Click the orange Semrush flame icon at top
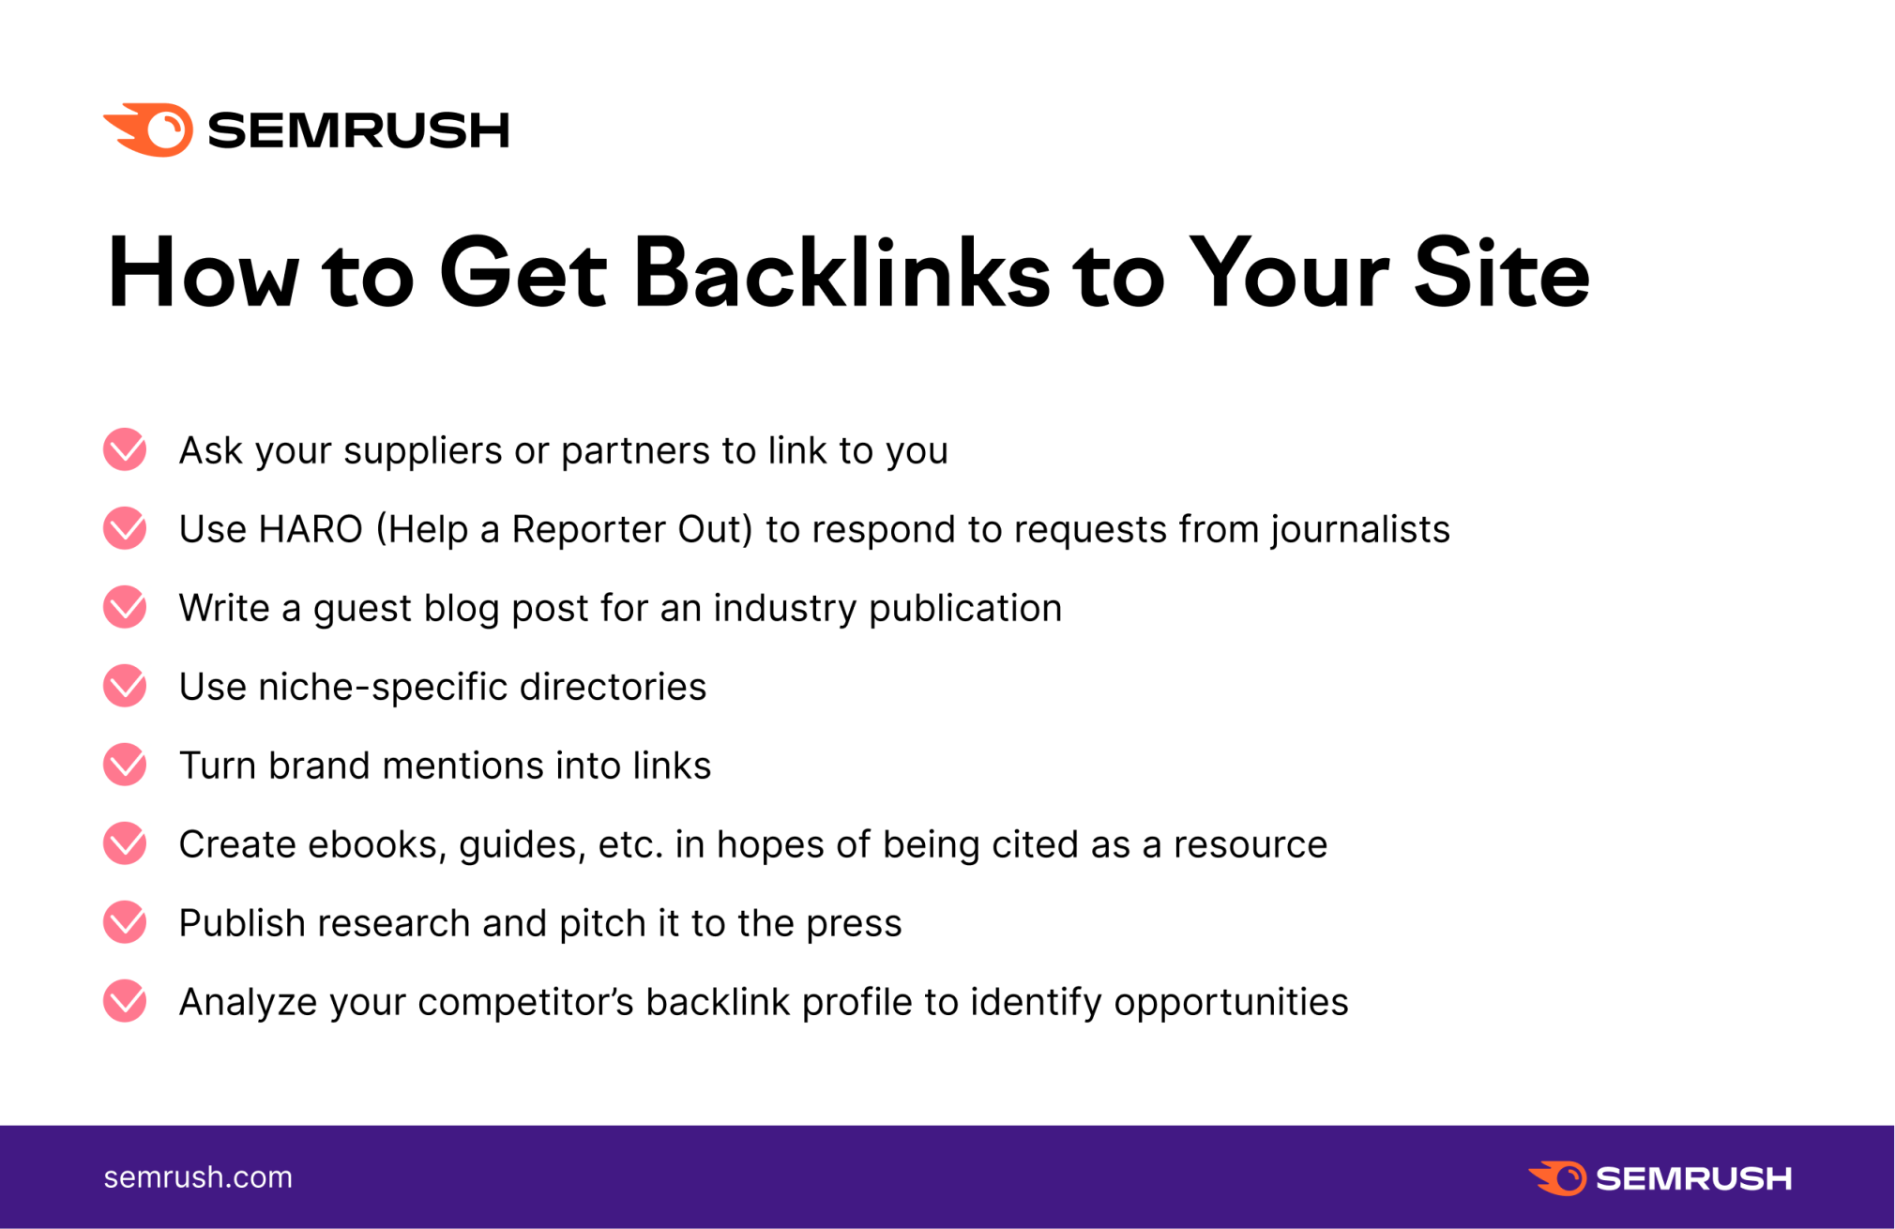pyautogui.click(x=148, y=129)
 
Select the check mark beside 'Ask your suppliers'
pyautogui.click(x=125, y=449)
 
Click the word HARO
pyautogui.click(x=311, y=529)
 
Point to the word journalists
pyautogui.click(x=1360, y=530)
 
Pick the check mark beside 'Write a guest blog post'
pyautogui.click(x=125, y=607)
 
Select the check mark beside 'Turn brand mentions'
pyautogui.click(x=125, y=765)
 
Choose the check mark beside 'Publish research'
pyautogui.click(x=125, y=922)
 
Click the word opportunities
pyautogui.click(x=1231, y=1003)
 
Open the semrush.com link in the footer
pyautogui.click(x=198, y=1177)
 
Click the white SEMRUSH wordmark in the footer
pyautogui.click(x=1694, y=1178)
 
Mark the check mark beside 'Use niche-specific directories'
pyautogui.click(x=125, y=686)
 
